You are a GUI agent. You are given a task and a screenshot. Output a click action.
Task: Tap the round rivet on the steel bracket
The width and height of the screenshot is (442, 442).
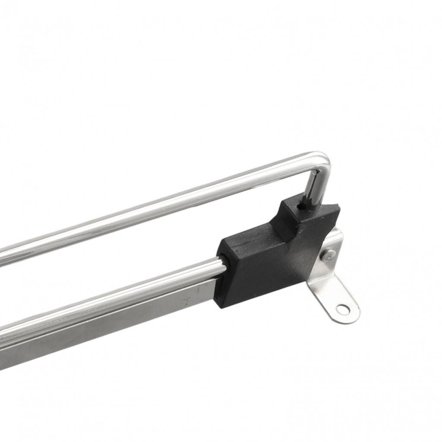click(x=328, y=255)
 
